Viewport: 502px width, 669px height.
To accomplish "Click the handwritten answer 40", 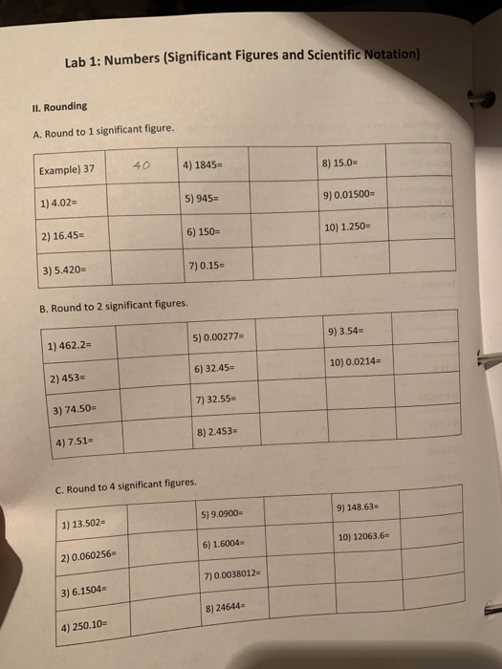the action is point(141,165).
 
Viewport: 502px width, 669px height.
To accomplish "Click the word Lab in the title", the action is point(76,62).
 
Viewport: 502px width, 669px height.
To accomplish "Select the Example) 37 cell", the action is point(67,169).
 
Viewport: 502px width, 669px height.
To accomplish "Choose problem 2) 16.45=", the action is point(59,234).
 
